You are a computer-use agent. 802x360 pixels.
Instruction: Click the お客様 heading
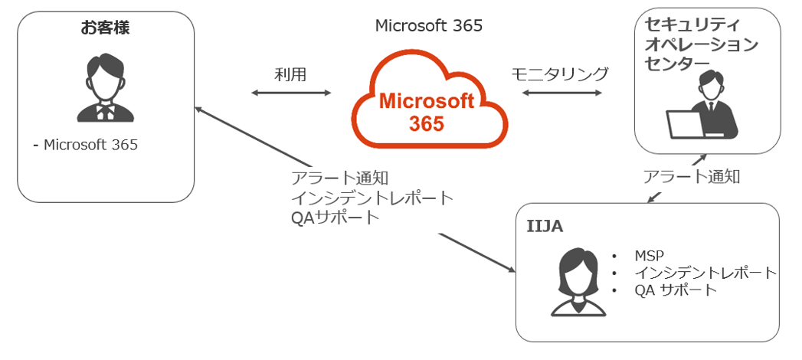coord(106,29)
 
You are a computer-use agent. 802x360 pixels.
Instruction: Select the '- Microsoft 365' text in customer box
coord(86,144)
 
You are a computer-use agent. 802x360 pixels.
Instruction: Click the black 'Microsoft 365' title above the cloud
coord(428,26)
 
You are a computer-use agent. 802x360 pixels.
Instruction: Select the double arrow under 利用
coord(291,93)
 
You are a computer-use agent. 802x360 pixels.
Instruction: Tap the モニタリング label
coord(559,74)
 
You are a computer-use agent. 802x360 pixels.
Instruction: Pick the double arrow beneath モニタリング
coord(560,93)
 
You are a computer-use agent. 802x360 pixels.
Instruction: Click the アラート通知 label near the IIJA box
coord(691,177)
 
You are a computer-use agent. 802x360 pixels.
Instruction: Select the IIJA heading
coord(546,227)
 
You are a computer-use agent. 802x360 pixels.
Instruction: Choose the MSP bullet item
coord(647,255)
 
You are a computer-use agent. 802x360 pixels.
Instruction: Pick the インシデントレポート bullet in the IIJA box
coord(705,273)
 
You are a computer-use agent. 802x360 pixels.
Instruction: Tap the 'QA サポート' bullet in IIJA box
coord(675,290)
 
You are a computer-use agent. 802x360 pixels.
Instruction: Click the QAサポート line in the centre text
coord(335,218)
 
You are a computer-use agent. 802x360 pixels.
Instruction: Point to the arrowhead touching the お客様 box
coord(200,110)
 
